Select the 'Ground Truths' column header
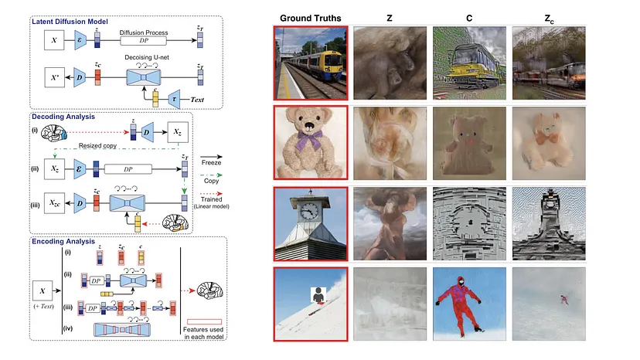(x=310, y=17)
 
